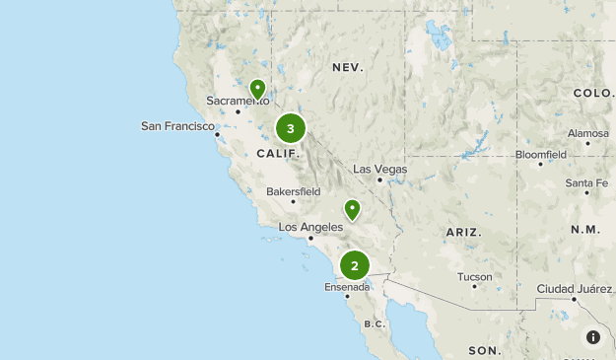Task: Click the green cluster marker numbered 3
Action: pos(290,128)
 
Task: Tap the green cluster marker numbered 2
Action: pos(355,265)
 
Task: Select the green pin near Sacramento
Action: pos(257,90)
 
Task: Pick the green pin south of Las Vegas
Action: pos(352,209)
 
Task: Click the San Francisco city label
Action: pos(177,126)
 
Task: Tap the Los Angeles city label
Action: pos(310,227)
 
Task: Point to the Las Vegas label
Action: pos(379,170)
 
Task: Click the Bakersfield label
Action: pos(294,191)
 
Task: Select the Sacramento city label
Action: pos(238,101)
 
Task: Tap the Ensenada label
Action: pos(347,287)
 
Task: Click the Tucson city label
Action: pos(474,277)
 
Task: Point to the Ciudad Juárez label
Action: pos(575,289)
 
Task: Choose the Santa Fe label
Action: pos(586,183)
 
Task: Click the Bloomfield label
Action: pos(540,155)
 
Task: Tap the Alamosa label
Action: pos(588,133)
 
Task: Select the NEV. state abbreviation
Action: pos(348,68)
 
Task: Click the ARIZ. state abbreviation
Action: pos(463,232)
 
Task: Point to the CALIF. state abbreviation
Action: pos(277,154)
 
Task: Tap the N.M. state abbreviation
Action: pos(584,229)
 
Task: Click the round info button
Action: pos(593,337)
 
